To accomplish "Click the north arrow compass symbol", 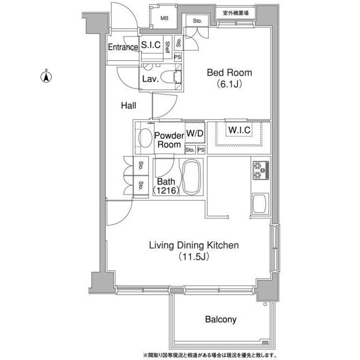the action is click(46, 76).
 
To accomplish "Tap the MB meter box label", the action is click(164, 19).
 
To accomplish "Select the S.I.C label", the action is click(151, 45).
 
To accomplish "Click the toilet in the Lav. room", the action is click(171, 77).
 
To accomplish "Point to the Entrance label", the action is click(123, 47).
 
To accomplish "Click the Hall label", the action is click(129, 106).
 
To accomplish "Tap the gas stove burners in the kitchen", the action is click(261, 170).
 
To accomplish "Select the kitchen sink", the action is click(260, 203).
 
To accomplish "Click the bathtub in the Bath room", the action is click(191, 177).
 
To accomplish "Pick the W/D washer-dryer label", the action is click(195, 133).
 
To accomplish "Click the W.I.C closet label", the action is click(240, 130).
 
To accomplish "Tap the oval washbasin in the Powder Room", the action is click(145, 137).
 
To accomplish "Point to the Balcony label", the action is click(220, 319).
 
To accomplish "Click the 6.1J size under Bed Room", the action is click(229, 84).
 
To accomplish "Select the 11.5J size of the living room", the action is click(194, 256).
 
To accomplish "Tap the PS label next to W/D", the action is click(201, 150).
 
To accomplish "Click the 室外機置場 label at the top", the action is click(236, 13).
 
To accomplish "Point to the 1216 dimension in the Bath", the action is click(166, 190).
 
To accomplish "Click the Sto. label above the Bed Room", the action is click(197, 21).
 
